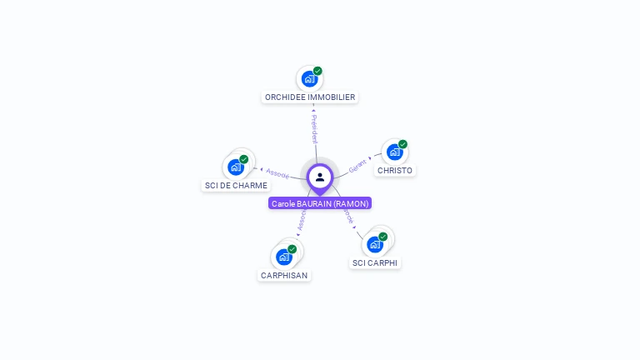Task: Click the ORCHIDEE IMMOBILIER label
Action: click(x=310, y=97)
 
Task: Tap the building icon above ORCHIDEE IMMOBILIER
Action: click(x=309, y=79)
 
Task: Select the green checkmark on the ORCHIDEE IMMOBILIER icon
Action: click(x=317, y=71)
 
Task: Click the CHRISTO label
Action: click(x=394, y=171)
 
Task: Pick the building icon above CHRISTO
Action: click(x=394, y=152)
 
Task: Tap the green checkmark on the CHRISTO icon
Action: click(x=402, y=144)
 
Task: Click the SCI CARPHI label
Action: click(x=375, y=262)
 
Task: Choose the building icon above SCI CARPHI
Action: click(x=375, y=244)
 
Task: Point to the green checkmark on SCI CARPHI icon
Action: click(x=383, y=237)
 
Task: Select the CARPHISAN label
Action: click(x=284, y=275)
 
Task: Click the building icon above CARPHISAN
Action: click(x=284, y=257)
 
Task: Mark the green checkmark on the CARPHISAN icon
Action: click(x=292, y=249)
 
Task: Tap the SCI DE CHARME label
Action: click(x=236, y=185)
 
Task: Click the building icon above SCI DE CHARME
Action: click(x=236, y=167)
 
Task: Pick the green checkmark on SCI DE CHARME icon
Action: click(x=244, y=159)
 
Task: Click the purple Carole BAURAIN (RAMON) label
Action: click(x=320, y=203)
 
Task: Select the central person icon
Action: click(x=320, y=177)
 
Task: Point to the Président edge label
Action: click(x=314, y=129)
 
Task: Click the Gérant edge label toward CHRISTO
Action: click(x=357, y=165)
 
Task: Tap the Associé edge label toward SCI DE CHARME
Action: click(x=277, y=173)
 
